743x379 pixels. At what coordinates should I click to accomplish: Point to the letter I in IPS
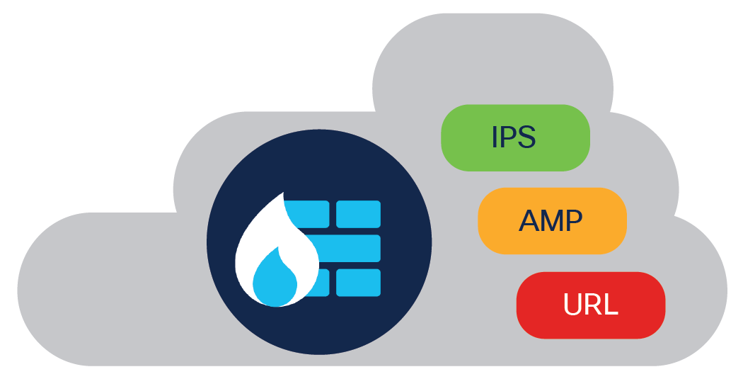point(495,137)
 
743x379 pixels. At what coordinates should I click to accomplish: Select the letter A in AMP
point(529,221)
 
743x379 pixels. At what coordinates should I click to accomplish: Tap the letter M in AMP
point(551,221)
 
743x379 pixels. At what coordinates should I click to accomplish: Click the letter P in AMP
point(574,221)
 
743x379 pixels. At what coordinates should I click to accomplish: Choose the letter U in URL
point(572,305)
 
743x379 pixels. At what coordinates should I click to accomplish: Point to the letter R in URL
point(594,305)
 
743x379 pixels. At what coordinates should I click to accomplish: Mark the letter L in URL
point(611,305)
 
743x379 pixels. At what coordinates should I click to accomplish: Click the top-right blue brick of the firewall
point(358,214)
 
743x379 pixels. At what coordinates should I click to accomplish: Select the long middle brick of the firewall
point(347,248)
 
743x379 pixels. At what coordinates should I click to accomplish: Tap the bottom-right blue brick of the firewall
point(358,282)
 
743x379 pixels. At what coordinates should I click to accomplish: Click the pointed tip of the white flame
point(284,194)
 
